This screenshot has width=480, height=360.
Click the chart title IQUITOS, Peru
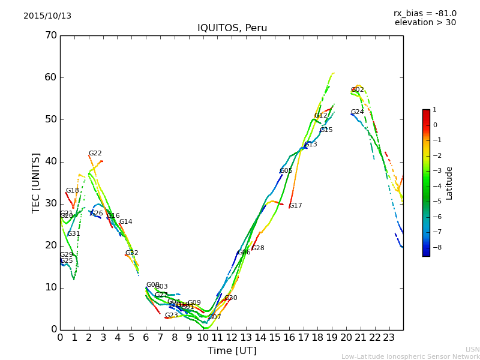tap(232, 28)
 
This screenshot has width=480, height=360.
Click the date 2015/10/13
tap(47, 16)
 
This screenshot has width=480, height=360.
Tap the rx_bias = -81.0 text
tap(425, 14)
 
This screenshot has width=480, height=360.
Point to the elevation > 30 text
tap(425, 23)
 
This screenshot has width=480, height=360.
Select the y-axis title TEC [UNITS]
tap(36, 182)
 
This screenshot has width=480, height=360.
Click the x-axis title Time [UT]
tap(232, 351)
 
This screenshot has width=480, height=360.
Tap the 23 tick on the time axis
tap(389, 338)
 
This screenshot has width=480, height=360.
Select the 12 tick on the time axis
tap(232, 338)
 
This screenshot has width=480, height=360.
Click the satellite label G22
tap(95, 154)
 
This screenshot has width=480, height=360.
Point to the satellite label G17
tap(296, 206)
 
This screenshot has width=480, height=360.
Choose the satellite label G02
tap(358, 90)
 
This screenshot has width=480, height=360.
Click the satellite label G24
tap(358, 112)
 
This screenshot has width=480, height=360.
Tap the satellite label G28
tap(258, 248)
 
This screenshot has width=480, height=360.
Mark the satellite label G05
tap(286, 171)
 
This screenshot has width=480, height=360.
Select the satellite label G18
tap(73, 191)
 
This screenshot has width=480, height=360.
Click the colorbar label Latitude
tap(449, 182)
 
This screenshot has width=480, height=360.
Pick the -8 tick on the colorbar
tap(436, 247)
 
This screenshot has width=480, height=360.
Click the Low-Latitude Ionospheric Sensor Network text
tap(410, 356)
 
